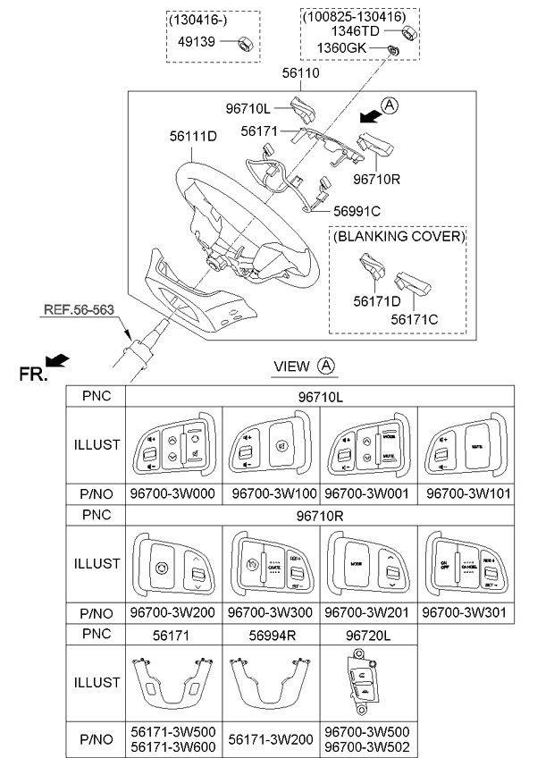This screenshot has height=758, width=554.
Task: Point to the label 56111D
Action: (193, 137)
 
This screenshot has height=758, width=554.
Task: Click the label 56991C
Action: (357, 211)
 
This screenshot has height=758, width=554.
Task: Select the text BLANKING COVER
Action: (399, 237)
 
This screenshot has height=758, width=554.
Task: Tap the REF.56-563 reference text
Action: (79, 311)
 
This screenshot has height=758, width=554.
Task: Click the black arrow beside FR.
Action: (57, 360)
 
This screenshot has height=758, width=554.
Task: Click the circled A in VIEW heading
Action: (326, 366)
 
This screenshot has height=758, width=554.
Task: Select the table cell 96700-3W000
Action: (172, 494)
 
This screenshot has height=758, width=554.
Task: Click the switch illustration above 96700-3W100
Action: (271, 445)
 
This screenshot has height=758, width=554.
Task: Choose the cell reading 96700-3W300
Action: (270, 613)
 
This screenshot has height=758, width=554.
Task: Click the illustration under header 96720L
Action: (368, 682)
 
